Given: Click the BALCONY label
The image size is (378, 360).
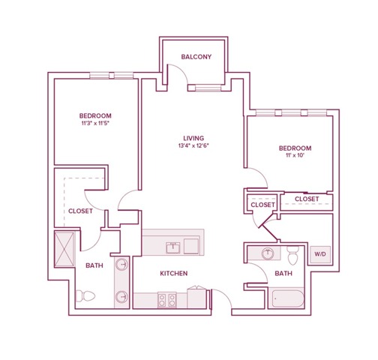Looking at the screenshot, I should point(196,57).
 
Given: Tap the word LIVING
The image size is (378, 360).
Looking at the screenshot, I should point(192,137).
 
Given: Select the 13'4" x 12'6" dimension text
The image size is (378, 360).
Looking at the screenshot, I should point(192,145).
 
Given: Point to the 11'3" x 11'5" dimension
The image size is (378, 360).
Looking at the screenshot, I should point(94,124).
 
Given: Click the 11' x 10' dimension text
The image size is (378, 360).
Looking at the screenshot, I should point(293,157).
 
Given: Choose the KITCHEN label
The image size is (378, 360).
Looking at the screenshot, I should point(172,273).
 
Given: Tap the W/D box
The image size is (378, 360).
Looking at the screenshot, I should point(320,254).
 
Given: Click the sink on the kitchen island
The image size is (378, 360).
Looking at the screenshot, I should point(173,245).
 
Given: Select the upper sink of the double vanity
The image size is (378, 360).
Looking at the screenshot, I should point(121,265).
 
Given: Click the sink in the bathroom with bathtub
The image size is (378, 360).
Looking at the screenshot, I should point(266,254).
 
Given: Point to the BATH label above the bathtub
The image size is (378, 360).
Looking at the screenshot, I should point(283,273).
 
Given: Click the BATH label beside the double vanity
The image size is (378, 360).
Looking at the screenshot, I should point(94,265).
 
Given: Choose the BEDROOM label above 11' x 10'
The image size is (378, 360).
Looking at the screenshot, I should point(293,148).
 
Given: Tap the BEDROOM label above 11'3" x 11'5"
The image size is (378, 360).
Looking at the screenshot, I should point(94,115).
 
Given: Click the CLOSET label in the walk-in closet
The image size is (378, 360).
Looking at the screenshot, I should point(80,211).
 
